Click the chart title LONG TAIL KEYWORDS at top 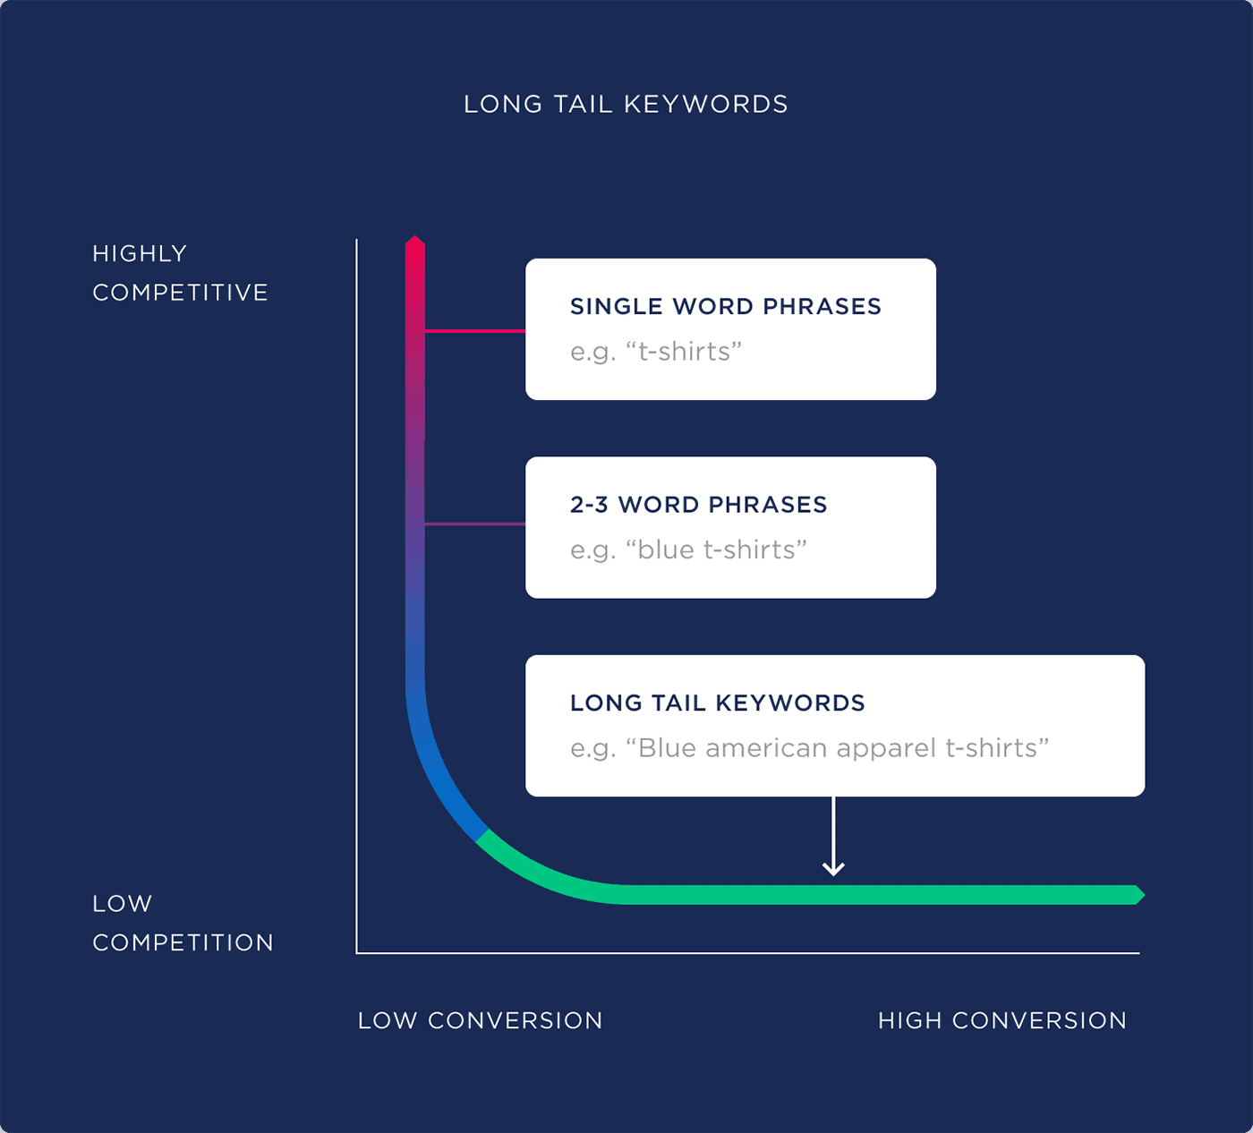[626, 105]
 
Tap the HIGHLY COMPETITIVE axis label [179, 273]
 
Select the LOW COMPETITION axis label [183, 923]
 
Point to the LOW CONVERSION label [480, 1021]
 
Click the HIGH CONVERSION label [1002, 1021]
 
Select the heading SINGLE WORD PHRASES [725, 307]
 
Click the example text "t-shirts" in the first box [684, 352]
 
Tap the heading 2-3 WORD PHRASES [698, 505]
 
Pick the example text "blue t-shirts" [716, 550]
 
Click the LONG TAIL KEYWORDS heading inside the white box [717, 703]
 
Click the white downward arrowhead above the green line [833, 868]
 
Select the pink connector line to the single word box [474, 331]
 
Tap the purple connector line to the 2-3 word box [474, 524]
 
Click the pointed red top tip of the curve [414, 241]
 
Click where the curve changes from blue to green [483, 836]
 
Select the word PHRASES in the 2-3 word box [768, 505]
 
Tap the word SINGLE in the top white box [618, 307]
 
